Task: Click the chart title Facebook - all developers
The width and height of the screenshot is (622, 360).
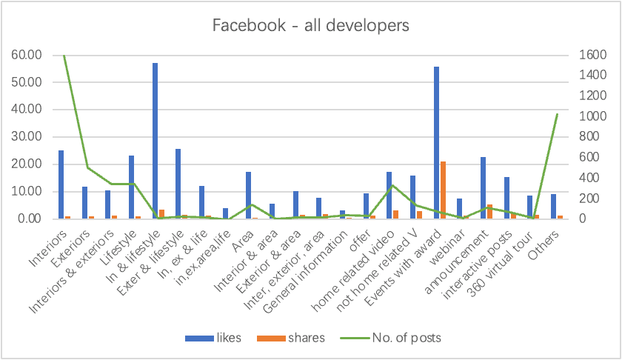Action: (310, 26)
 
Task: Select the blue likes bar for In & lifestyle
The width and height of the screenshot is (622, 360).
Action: (155, 141)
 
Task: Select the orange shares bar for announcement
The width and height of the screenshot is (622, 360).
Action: (489, 212)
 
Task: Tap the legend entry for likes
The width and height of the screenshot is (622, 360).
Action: (214, 338)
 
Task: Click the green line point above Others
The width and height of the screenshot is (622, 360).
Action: (557, 114)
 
